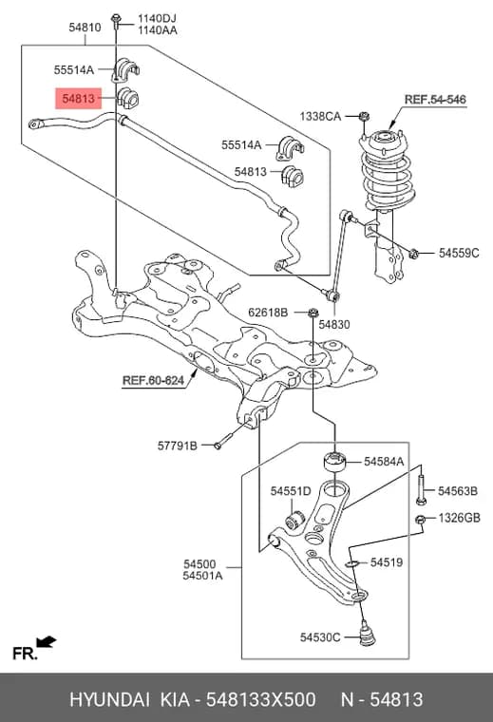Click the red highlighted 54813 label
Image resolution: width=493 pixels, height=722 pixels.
pyautogui.click(x=78, y=98)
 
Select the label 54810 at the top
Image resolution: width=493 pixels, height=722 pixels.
pyautogui.click(x=85, y=28)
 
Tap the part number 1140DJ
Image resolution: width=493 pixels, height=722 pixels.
pyautogui.click(x=157, y=18)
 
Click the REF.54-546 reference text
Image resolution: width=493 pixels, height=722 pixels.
pyautogui.click(x=435, y=99)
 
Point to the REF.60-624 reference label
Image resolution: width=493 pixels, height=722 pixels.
pyautogui.click(x=153, y=381)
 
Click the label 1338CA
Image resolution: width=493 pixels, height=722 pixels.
pyautogui.click(x=320, y=116)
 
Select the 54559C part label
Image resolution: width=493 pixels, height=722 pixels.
pyautogui.click(x=459, y=253)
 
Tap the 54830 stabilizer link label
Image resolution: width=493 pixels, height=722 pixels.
pyautogui.click(x=334, y=325)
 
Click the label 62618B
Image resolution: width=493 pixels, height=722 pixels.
pyautogui.click(x=268, y=313)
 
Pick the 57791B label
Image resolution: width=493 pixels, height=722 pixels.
pyautogui.click(x=178, y=446)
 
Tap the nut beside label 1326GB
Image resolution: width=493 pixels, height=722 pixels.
pyautogui.click(x=420, y=520)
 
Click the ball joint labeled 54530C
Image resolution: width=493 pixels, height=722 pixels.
pyautogui.click(x=367, y=633)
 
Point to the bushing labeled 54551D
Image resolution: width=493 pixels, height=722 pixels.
pyautogui.click(x=294, y=518)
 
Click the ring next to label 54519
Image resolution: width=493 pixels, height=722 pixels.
pyautogui.click(x=351, y=563)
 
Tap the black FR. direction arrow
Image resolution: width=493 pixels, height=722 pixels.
pyautogui.click(x=46, y=642)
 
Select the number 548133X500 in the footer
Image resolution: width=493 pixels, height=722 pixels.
pyautogui.click(x=260, y=699)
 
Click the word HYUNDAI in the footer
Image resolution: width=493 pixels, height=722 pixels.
pyautogui.click(x=109, y=699)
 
